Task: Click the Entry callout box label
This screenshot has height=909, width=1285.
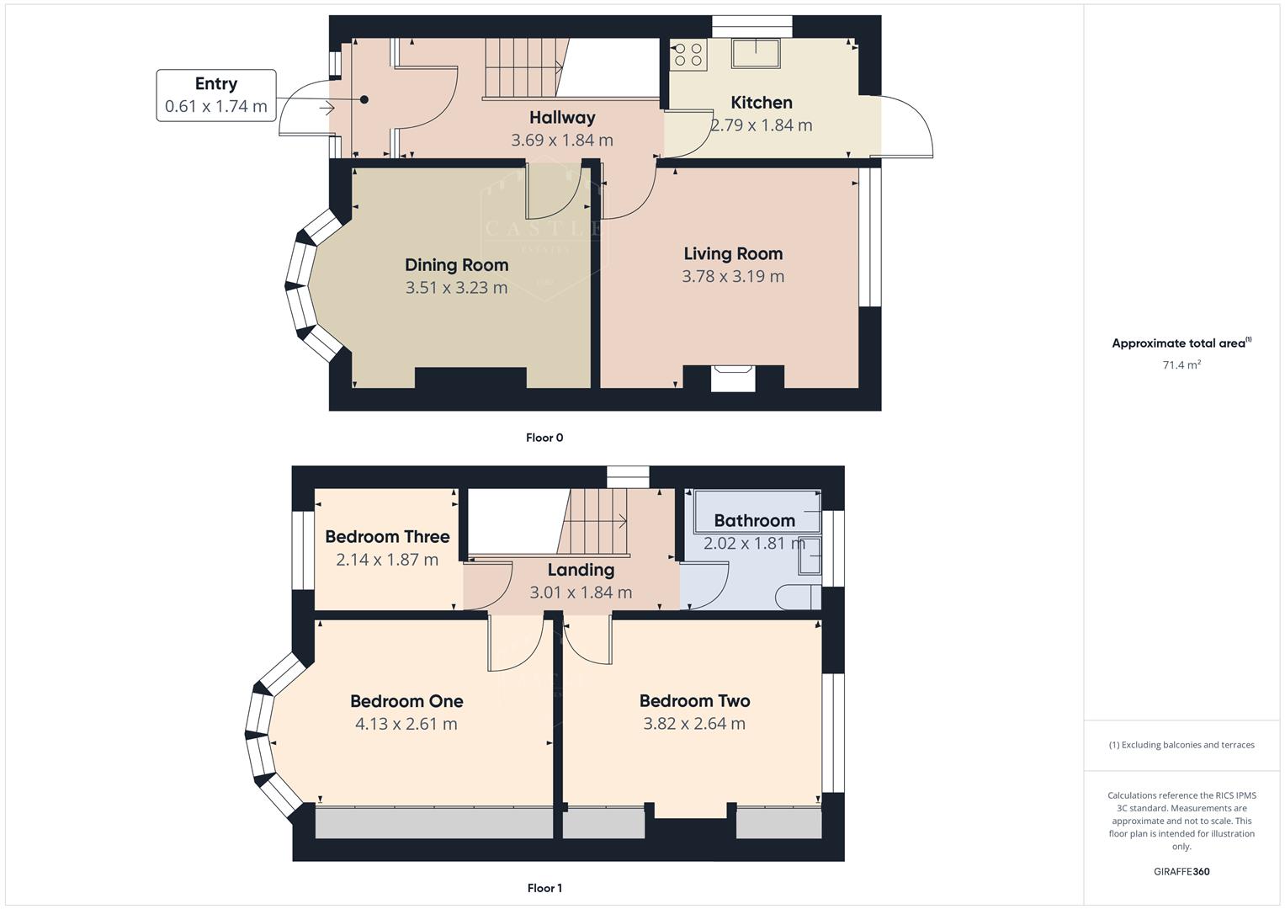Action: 216,83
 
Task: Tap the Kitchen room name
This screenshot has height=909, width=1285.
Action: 761,103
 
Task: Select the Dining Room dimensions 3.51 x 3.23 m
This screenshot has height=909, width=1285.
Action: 456,288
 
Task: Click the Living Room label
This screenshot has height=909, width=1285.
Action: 733,253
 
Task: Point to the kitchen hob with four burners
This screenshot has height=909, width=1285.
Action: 688,55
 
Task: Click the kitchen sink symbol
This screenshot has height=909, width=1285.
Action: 755,53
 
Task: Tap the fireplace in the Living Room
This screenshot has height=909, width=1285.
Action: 733,378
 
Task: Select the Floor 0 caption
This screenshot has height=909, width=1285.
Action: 544,438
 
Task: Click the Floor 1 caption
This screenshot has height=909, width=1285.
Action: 544,888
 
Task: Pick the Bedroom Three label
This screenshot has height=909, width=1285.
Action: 387,537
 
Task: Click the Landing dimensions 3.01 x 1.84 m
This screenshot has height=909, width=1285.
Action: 581,593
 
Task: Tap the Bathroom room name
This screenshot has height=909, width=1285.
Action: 754,521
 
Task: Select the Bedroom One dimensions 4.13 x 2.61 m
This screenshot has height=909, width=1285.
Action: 406,724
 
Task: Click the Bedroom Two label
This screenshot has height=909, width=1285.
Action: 694,701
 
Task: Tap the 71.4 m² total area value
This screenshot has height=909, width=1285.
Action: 1181,365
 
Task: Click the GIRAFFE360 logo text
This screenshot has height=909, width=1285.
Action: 1181,872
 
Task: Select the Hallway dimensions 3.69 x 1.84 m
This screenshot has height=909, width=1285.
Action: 562,141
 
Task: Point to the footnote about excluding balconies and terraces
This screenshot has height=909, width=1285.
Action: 1181,745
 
